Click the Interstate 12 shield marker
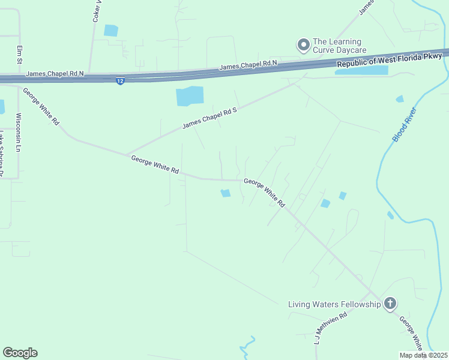[x=121, y=80]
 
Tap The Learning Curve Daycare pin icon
[x=304, y=44]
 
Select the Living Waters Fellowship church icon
[x=390, y=304]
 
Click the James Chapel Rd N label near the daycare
[x=248, y=65]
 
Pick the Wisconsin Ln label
[x=18, y=132]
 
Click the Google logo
[x=20, y=353]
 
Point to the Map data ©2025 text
[x=424, y=355]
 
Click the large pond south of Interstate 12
[x=190, y=96]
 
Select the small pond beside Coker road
[x=111, y=30]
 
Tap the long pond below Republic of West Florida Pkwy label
[x=361, y=71]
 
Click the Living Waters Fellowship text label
[x=334, y=304]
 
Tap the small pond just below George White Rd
[x=226, y=193]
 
